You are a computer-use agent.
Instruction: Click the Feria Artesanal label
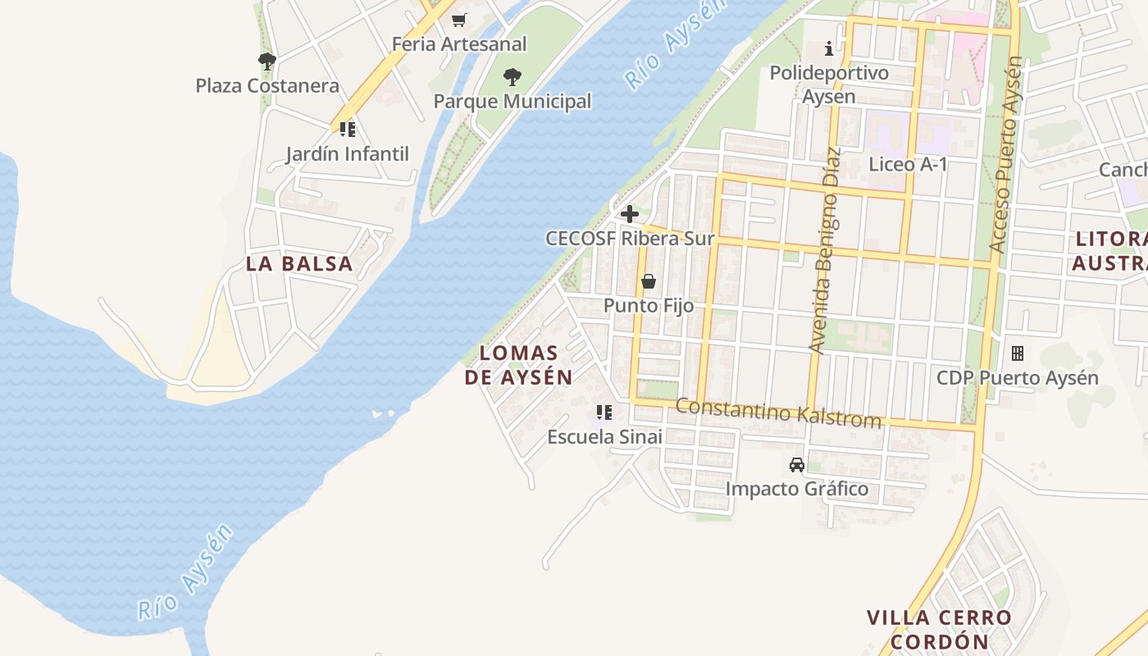click(459, 43)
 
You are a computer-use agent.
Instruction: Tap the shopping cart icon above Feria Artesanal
click(459, 20)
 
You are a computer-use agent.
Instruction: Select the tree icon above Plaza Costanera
click(266, 61)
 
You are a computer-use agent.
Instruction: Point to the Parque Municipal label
click(512, 102)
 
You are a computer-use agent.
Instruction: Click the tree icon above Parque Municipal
click(512, 77)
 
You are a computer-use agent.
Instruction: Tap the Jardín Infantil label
click(347, 154)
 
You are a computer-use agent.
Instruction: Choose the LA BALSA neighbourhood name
click(299, 264)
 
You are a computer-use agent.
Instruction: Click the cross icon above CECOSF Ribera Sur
click(630, 215)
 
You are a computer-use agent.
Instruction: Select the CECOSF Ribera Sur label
click(630, 239)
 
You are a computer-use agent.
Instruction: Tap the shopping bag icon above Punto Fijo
click(649, 282)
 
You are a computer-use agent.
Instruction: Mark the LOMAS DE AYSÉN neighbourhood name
click(518, 365)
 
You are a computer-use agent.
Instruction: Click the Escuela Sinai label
click(604, 437)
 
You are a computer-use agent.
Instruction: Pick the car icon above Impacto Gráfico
click(796, 465)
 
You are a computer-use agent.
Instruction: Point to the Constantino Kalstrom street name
click(778, 412)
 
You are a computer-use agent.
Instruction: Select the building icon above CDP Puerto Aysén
click(1018, 353)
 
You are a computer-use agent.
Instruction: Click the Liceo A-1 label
click(908, 164)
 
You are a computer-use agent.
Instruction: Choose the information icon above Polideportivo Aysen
click(829, 48)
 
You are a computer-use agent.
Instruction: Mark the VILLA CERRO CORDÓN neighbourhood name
click(939, 629)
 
